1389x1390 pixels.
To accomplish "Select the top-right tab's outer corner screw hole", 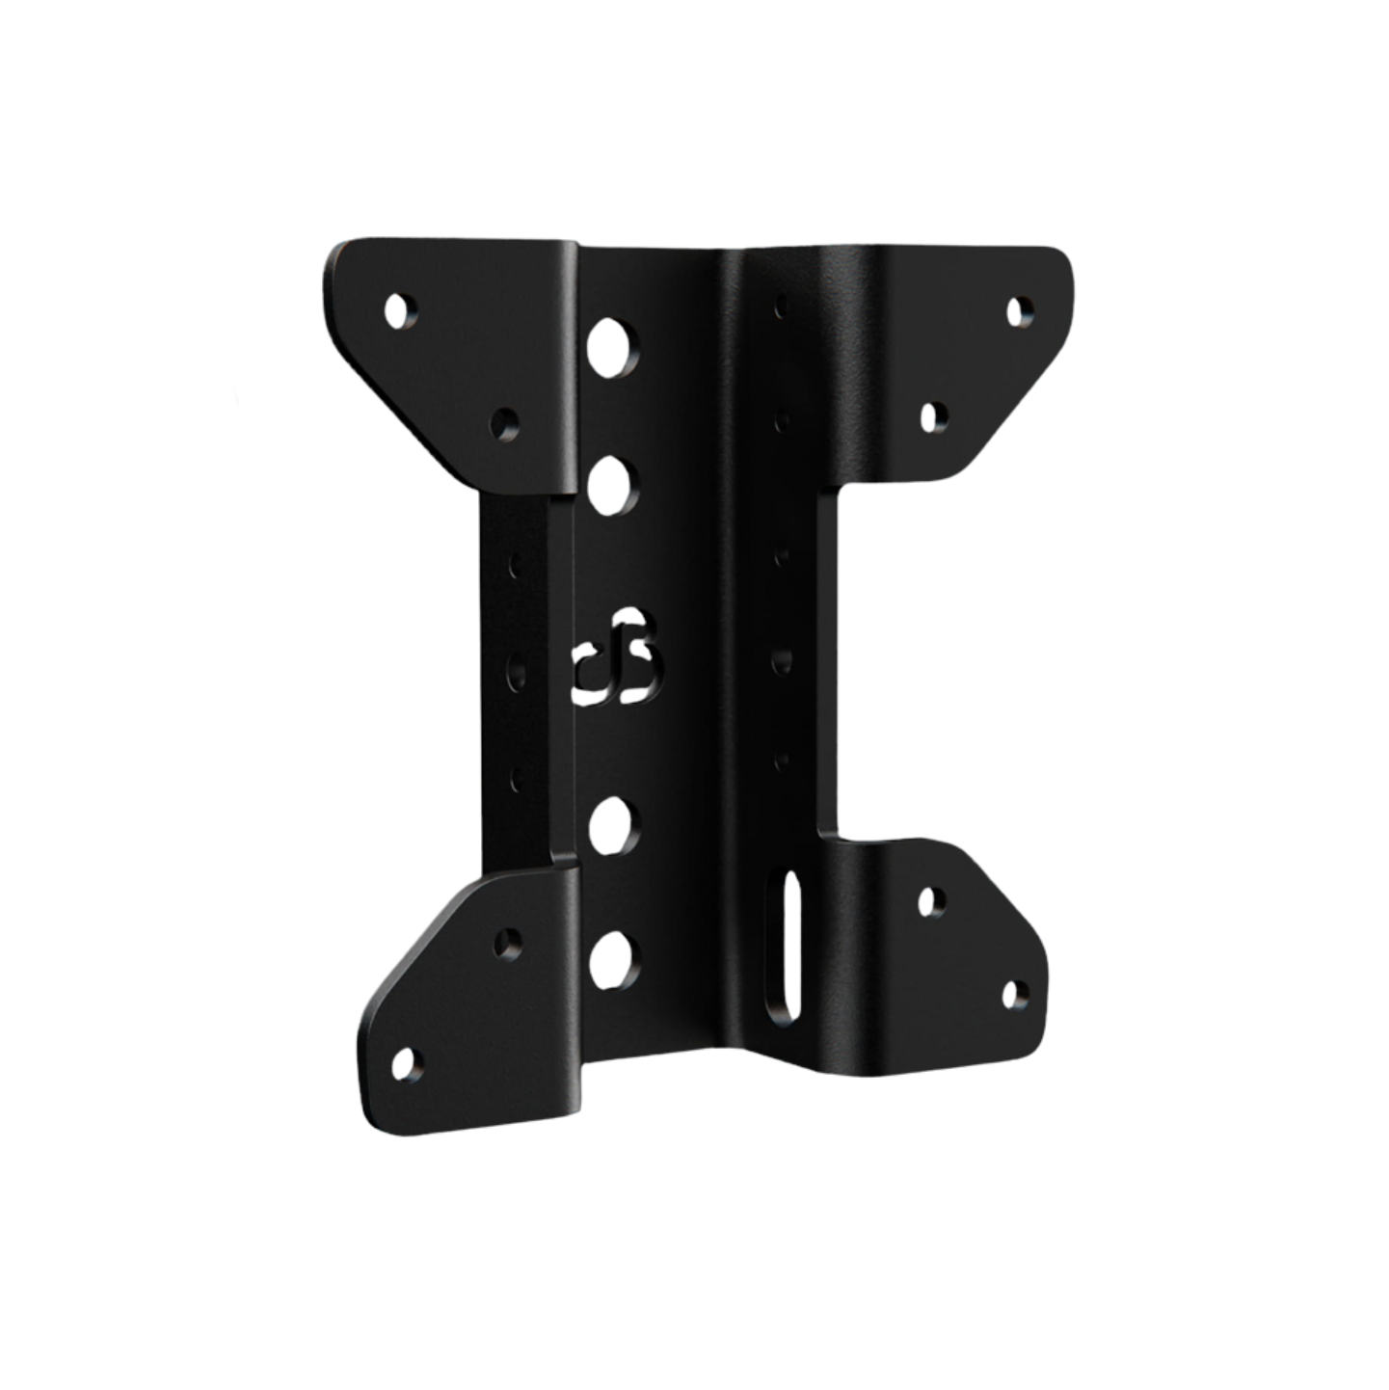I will pyautogui.click(x=1017, y=309).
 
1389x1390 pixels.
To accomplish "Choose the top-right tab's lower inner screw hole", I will pyautogui.click(x=930, y=416).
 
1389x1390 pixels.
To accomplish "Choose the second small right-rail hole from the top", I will pyautogui.click(x=781, y=419).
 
